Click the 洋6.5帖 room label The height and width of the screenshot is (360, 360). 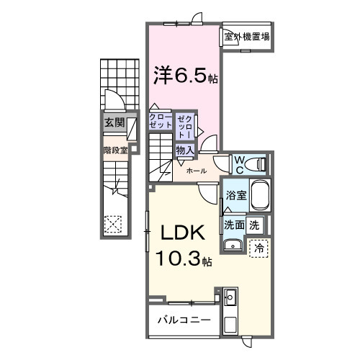(183, 74)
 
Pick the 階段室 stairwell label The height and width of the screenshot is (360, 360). (115, 150)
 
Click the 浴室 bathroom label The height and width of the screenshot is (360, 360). (235, 194)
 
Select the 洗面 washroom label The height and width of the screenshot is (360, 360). (233, 225)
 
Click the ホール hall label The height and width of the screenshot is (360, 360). (197, 171)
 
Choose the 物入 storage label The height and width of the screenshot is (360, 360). (184, 150)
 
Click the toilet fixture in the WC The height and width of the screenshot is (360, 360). (257, 164)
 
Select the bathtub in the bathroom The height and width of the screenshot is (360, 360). (259, 197)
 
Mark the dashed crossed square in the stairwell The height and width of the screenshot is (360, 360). (113, 224)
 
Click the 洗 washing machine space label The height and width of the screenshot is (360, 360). (254, 225)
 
